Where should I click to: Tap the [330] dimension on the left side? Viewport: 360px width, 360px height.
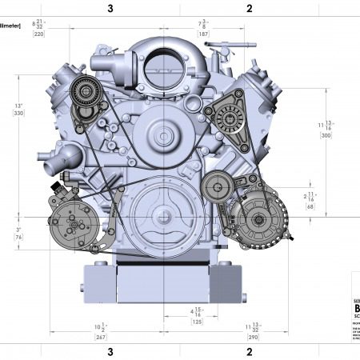point(19,114)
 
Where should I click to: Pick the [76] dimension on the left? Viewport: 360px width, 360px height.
point(19,237)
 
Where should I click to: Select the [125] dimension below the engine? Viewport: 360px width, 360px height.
point(197,321)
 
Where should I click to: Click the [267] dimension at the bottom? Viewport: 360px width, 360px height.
point(100,337)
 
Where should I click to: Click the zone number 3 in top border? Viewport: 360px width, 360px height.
point(110,9)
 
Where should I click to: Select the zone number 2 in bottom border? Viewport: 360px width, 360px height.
point(249,351)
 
